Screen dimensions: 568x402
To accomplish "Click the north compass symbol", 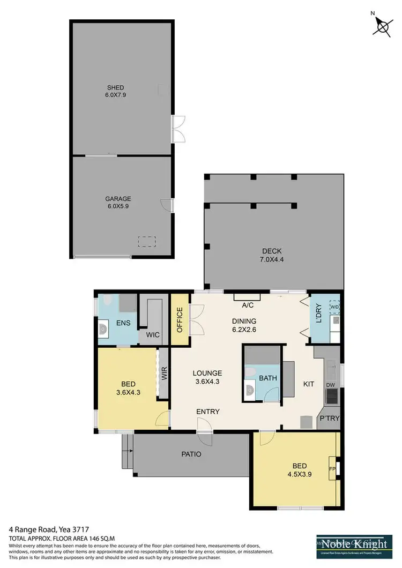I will (x=383, y=25).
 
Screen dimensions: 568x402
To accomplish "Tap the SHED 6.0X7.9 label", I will (x=115, y=91).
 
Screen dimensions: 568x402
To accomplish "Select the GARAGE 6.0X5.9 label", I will (x=118, y=203).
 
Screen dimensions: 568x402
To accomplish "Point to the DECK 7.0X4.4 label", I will (x=272, y=255).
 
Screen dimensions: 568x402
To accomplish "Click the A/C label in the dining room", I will (x=247, y=305).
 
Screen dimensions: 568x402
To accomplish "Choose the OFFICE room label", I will (x=180, y=320).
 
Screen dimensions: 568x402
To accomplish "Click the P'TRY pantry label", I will (x=329, y=418).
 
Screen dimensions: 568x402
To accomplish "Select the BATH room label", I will (x=268, y=378).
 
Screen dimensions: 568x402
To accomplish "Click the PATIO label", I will (x=191, y=454).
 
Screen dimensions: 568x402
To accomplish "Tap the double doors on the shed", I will (x=177, y=129).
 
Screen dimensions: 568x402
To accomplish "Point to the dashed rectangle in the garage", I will (x=147, y=242).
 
